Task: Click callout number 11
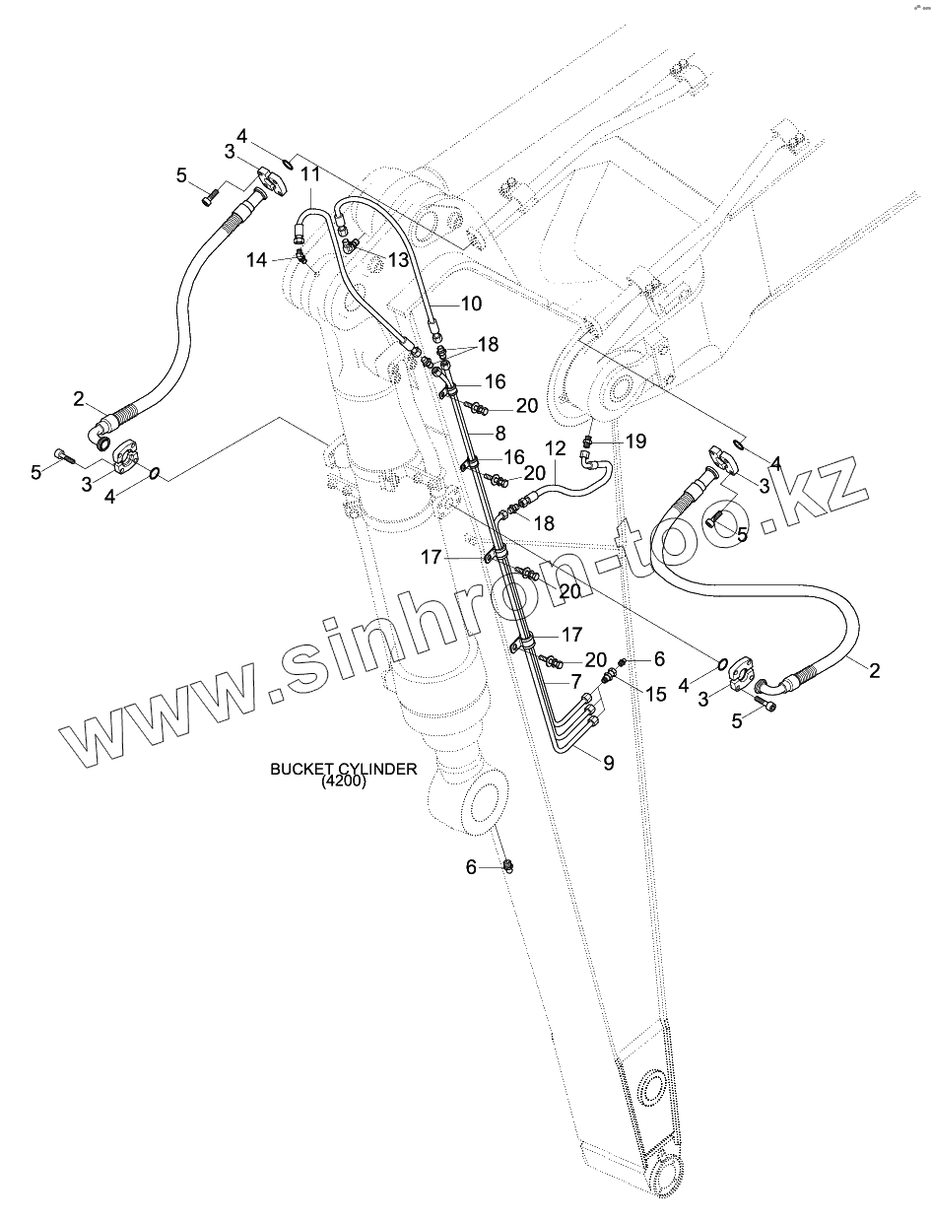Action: click(x=284, y=174)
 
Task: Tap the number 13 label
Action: click(x=397, y=259)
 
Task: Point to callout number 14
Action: click(x=256, y=260)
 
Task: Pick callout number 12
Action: click(x=556, y=448)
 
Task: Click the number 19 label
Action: click(x=636, y=441)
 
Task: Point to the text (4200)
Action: click(x=343, y=783)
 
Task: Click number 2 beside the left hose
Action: click(x=78, y=399)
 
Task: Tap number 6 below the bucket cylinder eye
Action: click(x=471, y=867)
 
